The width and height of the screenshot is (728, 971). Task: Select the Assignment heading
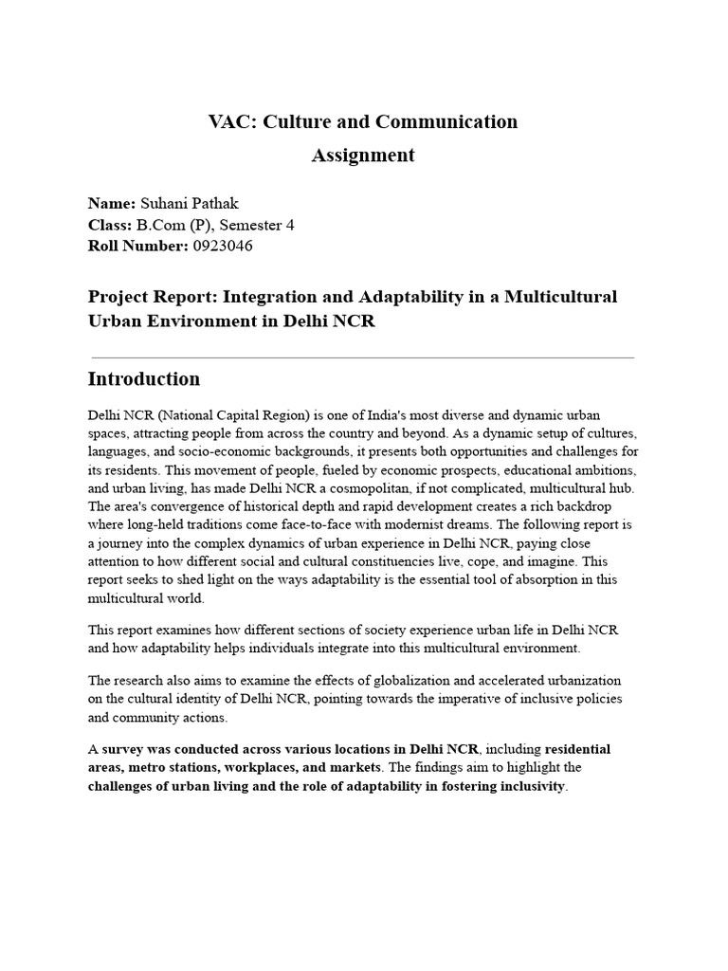click(x=363, y=156)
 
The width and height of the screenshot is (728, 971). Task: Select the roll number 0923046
click(x=223, y=246)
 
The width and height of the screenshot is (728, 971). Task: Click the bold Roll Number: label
click(x=136, y=246)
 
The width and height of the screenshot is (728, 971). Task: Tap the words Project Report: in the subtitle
click(x=146, y=298)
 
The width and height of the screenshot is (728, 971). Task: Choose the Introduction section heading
click(x=144, y=379)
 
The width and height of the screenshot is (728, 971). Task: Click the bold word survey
click(x=128, y=748)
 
